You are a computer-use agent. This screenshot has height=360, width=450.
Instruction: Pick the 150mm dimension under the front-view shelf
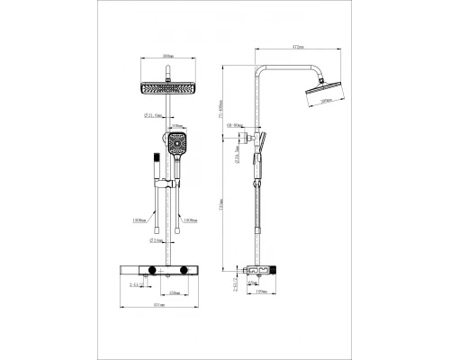pos(172,292)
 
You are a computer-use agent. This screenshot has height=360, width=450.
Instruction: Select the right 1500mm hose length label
pos(189,219)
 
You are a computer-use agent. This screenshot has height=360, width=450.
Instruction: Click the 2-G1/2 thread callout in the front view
pos(136,284)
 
